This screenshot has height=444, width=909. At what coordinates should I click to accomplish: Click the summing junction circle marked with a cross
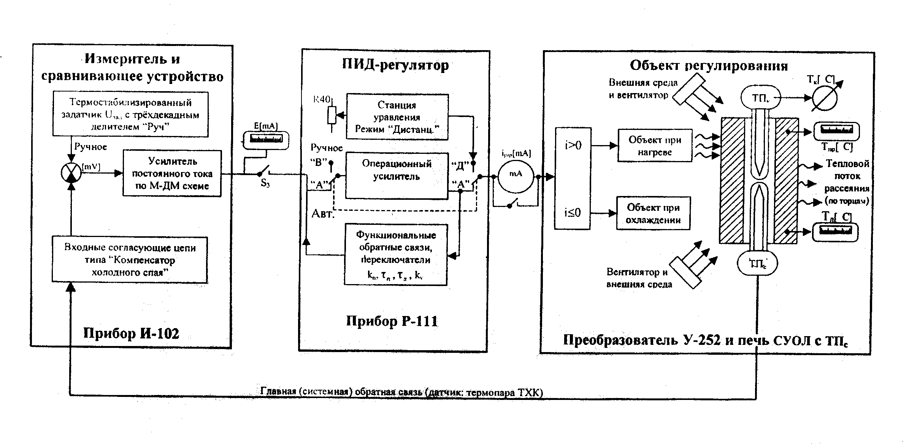[71, 173]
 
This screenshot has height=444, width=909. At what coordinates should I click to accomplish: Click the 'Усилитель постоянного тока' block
[172, 174]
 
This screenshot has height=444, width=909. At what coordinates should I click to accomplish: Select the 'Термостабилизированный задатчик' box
[130, 114]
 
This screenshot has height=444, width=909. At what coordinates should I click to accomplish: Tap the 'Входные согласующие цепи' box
[130, 260]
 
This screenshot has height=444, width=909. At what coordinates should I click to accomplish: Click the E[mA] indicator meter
[266, 139]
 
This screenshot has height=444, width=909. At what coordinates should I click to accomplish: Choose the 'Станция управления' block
[397, 117]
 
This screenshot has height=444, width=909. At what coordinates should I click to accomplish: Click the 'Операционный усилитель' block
[397, 175]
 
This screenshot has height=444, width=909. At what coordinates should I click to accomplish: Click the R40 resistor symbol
[332, 115]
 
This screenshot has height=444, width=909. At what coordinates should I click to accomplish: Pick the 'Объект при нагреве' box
[655, 146]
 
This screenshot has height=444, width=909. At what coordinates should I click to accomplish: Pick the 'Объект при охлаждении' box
[653, 213]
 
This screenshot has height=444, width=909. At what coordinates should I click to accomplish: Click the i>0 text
[573, 145]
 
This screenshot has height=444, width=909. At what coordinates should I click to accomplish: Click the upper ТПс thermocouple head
[761, 98]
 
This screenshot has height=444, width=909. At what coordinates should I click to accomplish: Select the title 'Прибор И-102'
[131, 333]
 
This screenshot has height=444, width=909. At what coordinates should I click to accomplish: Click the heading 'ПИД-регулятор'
[395, 65]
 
